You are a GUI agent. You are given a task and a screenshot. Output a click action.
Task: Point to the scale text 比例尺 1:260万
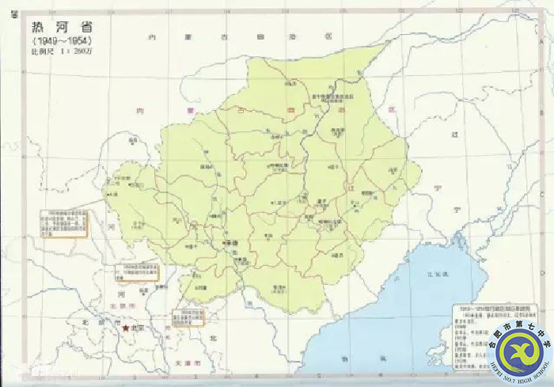point(60,52)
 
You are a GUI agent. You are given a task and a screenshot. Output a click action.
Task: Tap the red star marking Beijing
point(124,327)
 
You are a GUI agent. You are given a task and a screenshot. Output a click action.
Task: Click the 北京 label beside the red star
point(138,328)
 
